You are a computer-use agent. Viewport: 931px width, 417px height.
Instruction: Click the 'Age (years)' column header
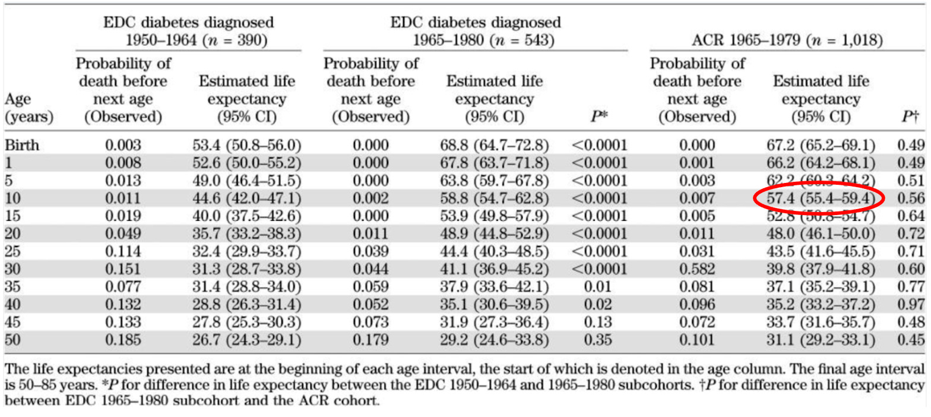point(28,109)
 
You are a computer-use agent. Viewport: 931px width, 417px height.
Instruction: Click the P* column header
point(599,117)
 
